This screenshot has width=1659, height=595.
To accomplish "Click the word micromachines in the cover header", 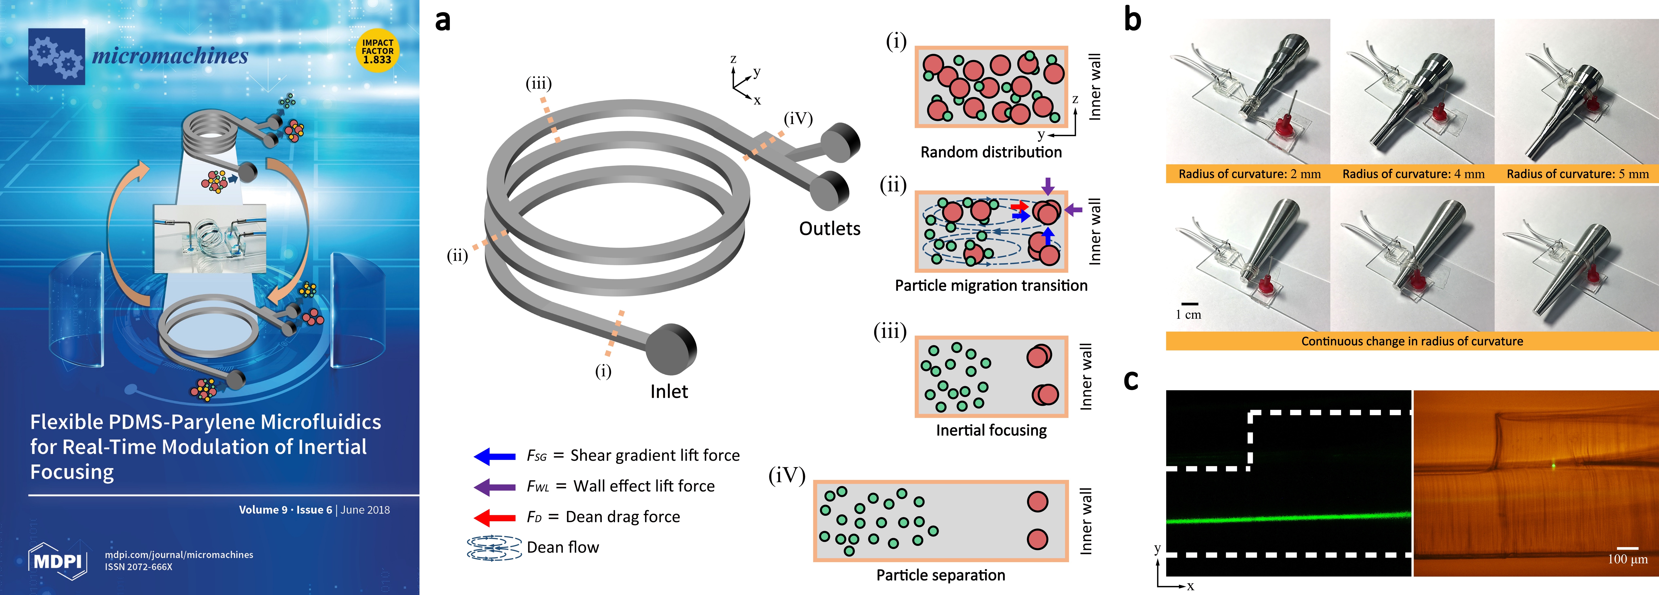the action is pyautogui.click(x=170, y=56).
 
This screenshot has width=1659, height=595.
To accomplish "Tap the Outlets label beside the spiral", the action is pyautogui.click(x=830, y=229).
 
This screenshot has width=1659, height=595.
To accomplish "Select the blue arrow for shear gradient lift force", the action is pyautogui.click(x=495, y=456).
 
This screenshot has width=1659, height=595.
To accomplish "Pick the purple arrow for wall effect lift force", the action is pyautogui.click(x=495, y=487).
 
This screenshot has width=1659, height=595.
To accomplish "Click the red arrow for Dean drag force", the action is pyautogui.click(x=495, y=517).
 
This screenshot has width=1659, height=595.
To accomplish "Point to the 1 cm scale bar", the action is pyautogui.click(x=1189, y=303).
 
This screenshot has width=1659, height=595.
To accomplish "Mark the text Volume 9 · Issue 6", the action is pyautogui.click(x=285, y=510).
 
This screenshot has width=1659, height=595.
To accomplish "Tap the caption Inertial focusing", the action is pyautogui.click(x=991, y=430).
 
